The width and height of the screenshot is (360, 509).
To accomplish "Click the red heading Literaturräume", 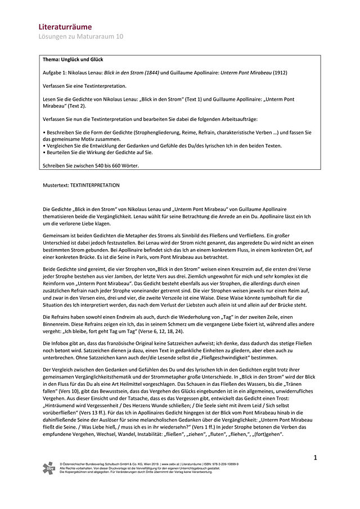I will [65, 26].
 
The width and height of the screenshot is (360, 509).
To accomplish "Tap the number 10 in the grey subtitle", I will [120, 37].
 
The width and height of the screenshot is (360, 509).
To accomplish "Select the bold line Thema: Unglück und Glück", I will [73, 60].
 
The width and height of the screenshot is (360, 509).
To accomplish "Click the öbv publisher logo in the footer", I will [49, 468].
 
